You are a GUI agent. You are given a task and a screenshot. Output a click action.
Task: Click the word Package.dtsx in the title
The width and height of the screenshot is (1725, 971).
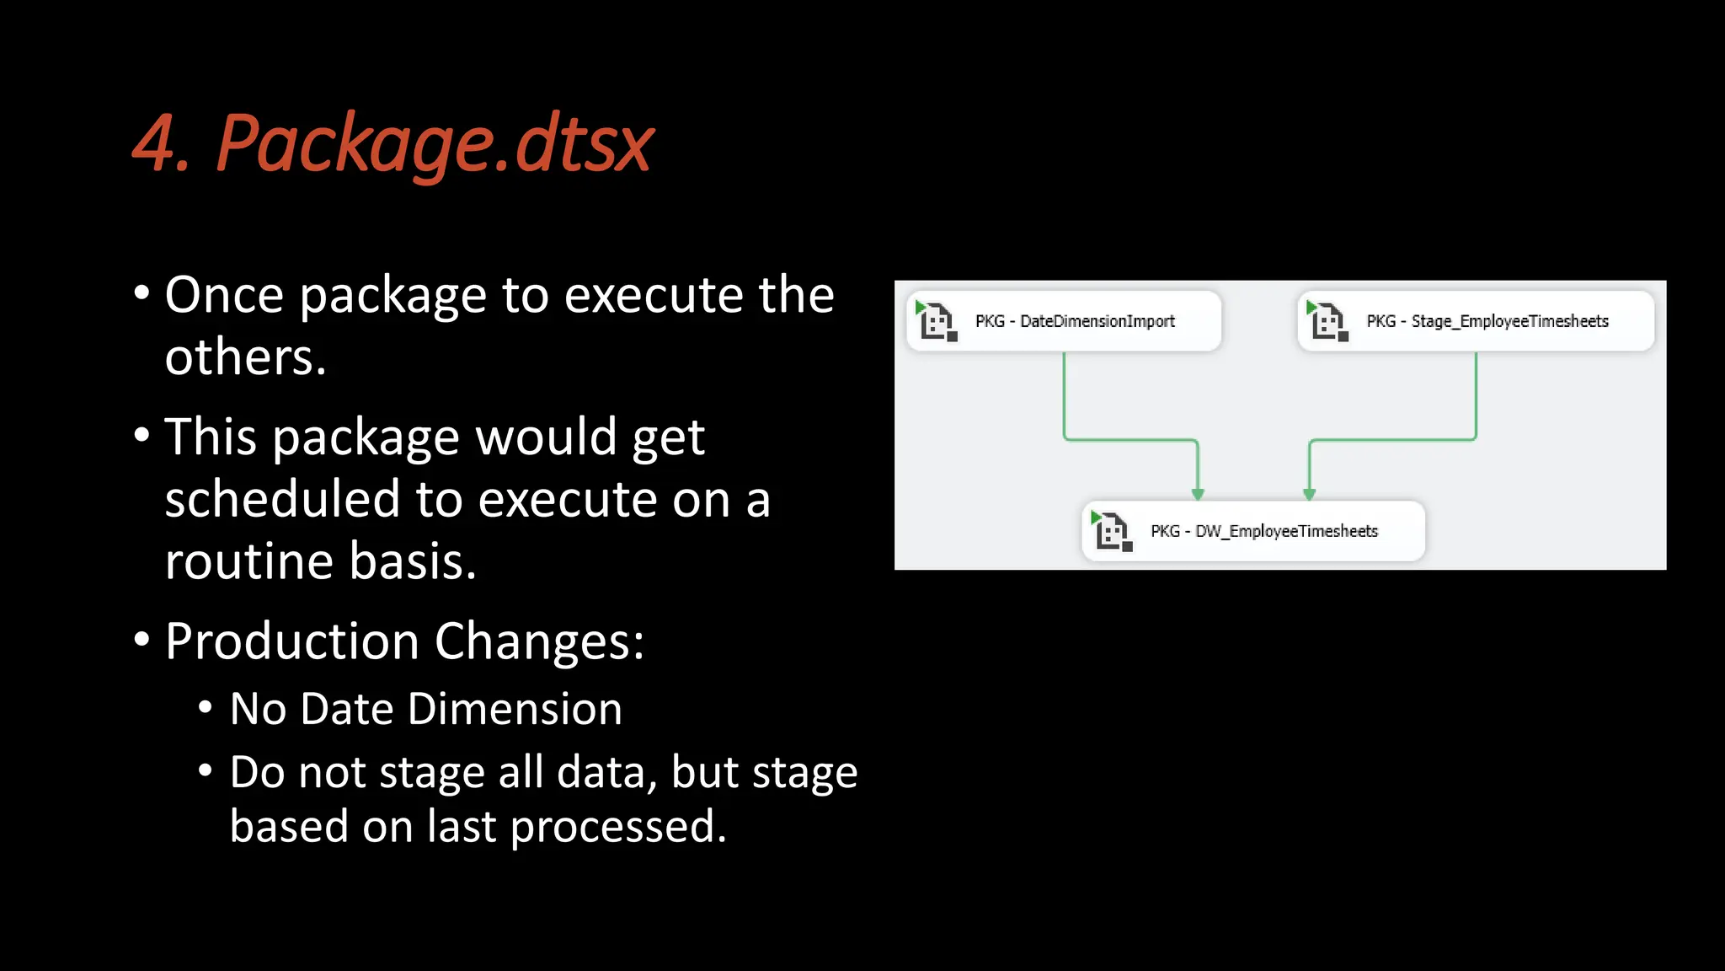(435, 144)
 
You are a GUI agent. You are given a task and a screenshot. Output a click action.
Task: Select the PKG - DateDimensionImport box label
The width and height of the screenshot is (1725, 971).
(1075, 321)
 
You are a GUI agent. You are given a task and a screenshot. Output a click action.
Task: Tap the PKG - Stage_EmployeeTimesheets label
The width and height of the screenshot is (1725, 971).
(1487, 321)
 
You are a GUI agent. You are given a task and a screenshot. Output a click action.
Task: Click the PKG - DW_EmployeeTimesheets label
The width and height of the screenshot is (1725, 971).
(1264, 531)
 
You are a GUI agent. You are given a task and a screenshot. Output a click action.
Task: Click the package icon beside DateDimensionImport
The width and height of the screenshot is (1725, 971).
(937, 321)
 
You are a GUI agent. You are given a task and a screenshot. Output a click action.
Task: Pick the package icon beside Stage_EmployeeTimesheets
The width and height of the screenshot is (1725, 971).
(1327, 321)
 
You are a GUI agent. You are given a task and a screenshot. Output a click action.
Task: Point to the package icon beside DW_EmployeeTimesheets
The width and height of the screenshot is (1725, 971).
(1112, 531)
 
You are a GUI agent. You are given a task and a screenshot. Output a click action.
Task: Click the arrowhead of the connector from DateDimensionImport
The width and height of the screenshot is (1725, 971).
(1198, 494)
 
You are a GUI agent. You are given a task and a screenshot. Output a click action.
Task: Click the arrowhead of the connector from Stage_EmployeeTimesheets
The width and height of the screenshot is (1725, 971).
(1309, 494)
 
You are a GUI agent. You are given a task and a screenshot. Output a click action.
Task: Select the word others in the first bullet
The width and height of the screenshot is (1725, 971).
(239, 357)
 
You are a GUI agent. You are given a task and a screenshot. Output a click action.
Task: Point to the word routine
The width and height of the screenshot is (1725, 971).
(249, 561)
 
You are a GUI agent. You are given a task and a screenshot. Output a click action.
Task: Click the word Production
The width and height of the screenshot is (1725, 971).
(291, 641)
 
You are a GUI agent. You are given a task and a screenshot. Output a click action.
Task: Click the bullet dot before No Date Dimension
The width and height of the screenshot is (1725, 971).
(206, 706)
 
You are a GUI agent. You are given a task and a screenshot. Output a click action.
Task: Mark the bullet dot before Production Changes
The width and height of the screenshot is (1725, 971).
(142, 640)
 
